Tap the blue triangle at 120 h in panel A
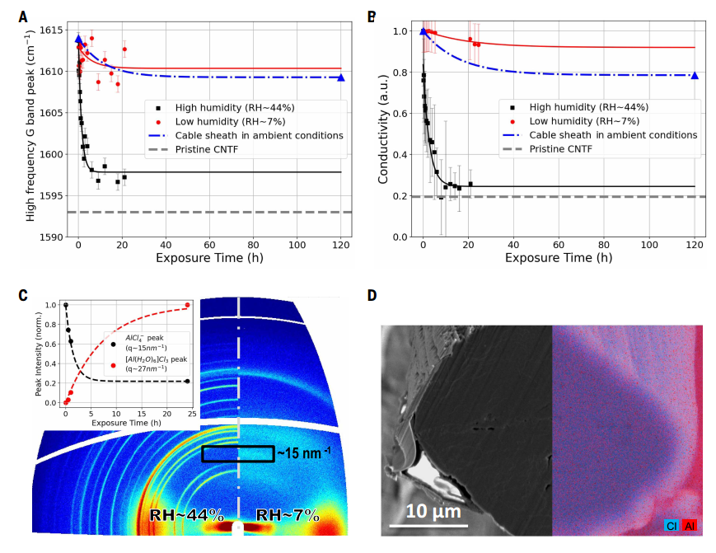tap(341, 77)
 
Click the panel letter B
tap(372, 16)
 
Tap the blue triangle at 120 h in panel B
tap(695, 75)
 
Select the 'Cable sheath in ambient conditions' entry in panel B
tap(613, 135)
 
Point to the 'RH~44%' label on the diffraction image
tap(187, 516)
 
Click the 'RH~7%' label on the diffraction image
tap(288, 516)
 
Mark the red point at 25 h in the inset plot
tap(188, 305)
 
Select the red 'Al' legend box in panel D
tap(689, 524)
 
